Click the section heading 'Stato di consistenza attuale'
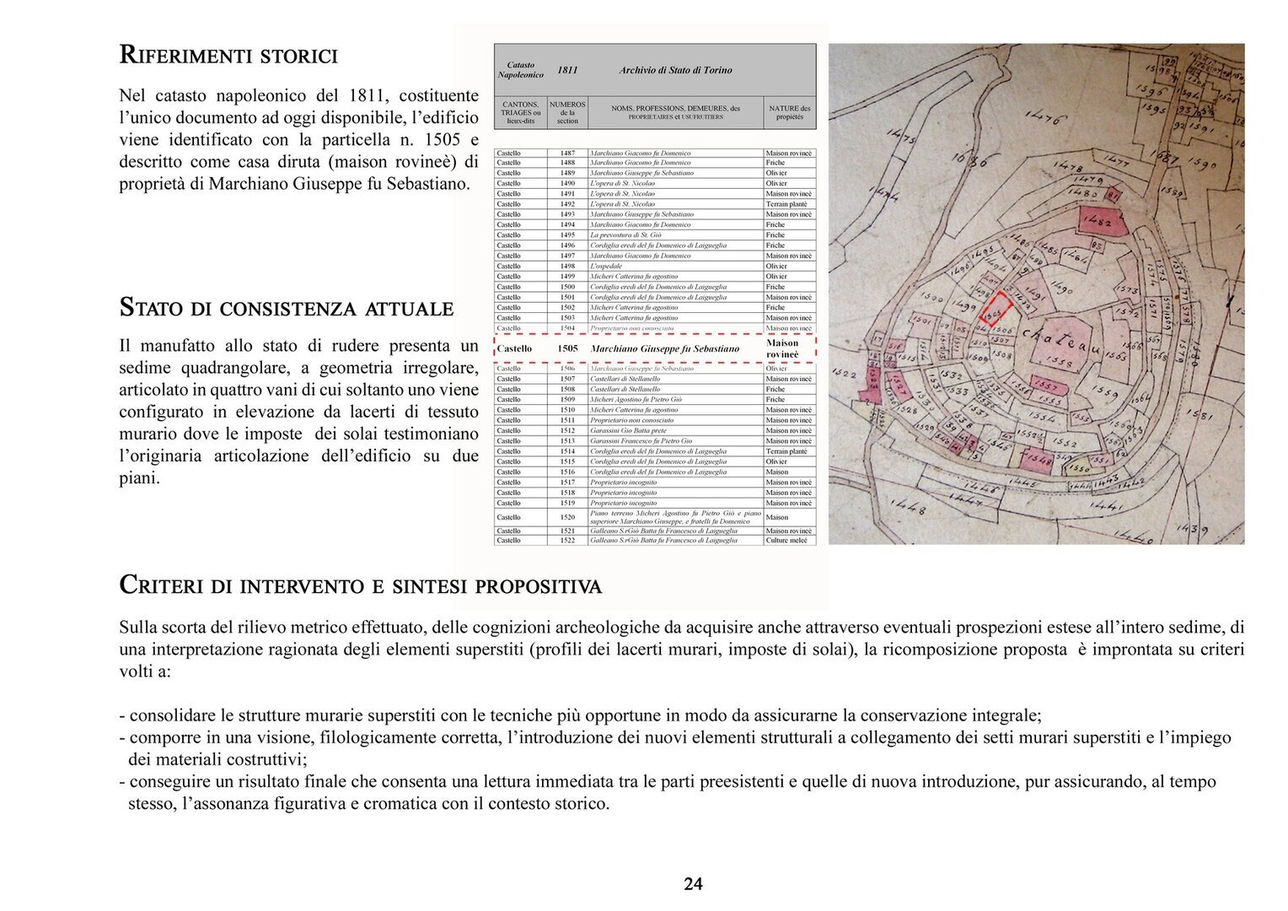286,308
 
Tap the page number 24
693,884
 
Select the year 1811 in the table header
567,70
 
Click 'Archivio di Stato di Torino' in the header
675,70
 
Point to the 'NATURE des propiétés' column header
790,112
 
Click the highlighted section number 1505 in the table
567,348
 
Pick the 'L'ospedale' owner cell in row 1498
606,266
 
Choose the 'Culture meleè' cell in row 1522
786,540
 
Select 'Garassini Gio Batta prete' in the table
628,430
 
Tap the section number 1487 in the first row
567,153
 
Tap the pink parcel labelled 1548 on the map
1038,460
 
